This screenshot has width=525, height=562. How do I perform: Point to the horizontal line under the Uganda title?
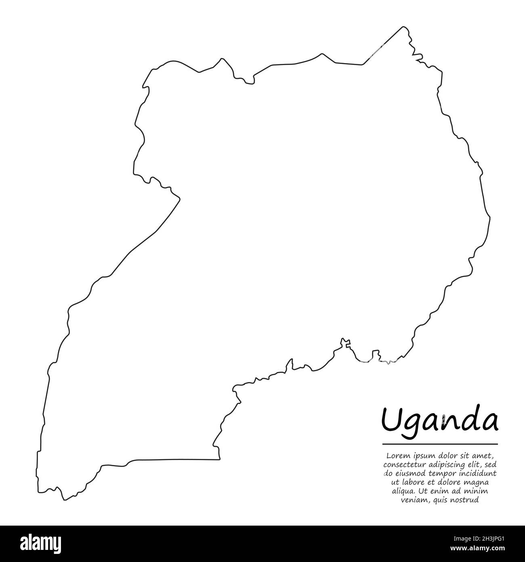tap(440, 444)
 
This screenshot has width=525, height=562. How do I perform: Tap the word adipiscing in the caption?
tap(447, 465)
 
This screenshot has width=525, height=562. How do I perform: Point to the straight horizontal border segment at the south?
tap(174, 460)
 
